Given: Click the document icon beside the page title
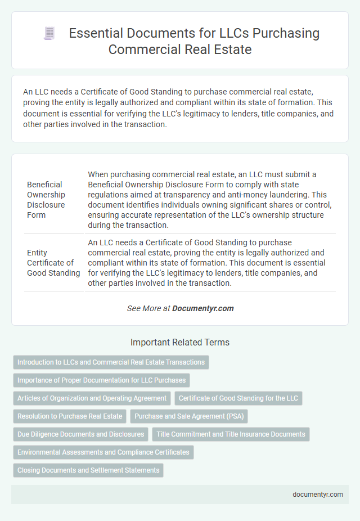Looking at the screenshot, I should pos(49,34).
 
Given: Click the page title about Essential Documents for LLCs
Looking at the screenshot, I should pos(194,41).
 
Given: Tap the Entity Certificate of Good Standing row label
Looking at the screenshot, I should pos(53,263).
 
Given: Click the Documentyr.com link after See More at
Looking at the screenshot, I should pos(202,308).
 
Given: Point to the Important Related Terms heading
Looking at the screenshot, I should pos(180,342).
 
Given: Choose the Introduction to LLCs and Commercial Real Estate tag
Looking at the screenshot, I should pos(111,362).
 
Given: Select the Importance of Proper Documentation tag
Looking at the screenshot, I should pos(101,380).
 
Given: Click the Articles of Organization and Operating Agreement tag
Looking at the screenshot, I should pos(92,398).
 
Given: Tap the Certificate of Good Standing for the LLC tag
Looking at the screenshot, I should pos(238,398).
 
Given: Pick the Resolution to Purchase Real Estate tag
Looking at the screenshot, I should pos(70,416).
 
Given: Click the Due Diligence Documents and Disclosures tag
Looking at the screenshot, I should pos(80,434).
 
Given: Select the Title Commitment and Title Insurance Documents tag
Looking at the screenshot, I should pos(231,434).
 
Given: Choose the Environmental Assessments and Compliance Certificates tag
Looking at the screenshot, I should pos(103,452).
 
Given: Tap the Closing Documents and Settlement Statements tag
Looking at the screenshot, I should pos(88,470).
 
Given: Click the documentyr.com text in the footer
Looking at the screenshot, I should pos(318,494).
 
